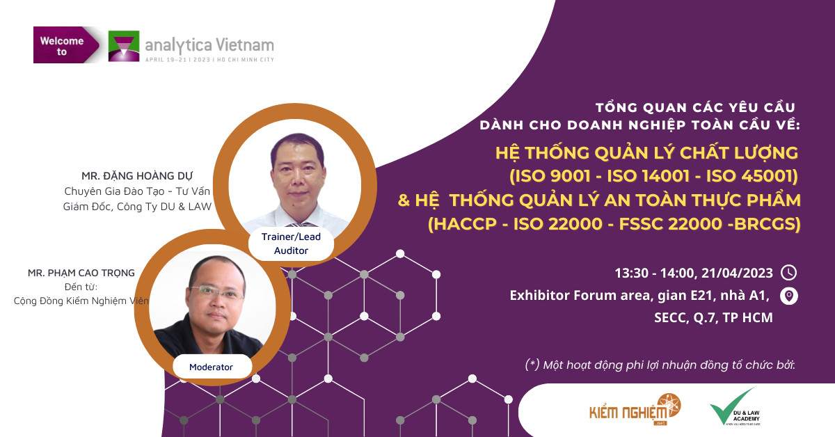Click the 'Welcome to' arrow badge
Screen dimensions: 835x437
66,45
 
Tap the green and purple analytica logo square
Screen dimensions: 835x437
124,46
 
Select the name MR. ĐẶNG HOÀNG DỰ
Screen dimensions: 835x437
137,176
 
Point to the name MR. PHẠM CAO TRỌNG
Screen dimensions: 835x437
81,273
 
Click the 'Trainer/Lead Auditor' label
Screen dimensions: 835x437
291,244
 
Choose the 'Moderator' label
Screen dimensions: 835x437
211,367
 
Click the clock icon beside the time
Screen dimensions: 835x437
789,273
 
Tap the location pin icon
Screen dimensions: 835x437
789,296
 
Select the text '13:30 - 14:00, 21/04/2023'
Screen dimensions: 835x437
694,273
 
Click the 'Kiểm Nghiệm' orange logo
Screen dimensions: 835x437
635,409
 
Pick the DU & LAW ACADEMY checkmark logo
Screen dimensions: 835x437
734,407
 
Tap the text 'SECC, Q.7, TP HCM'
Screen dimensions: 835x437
713,318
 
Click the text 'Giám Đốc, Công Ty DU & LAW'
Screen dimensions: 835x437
137,207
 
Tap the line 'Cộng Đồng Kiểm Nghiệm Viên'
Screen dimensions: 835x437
81,301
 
